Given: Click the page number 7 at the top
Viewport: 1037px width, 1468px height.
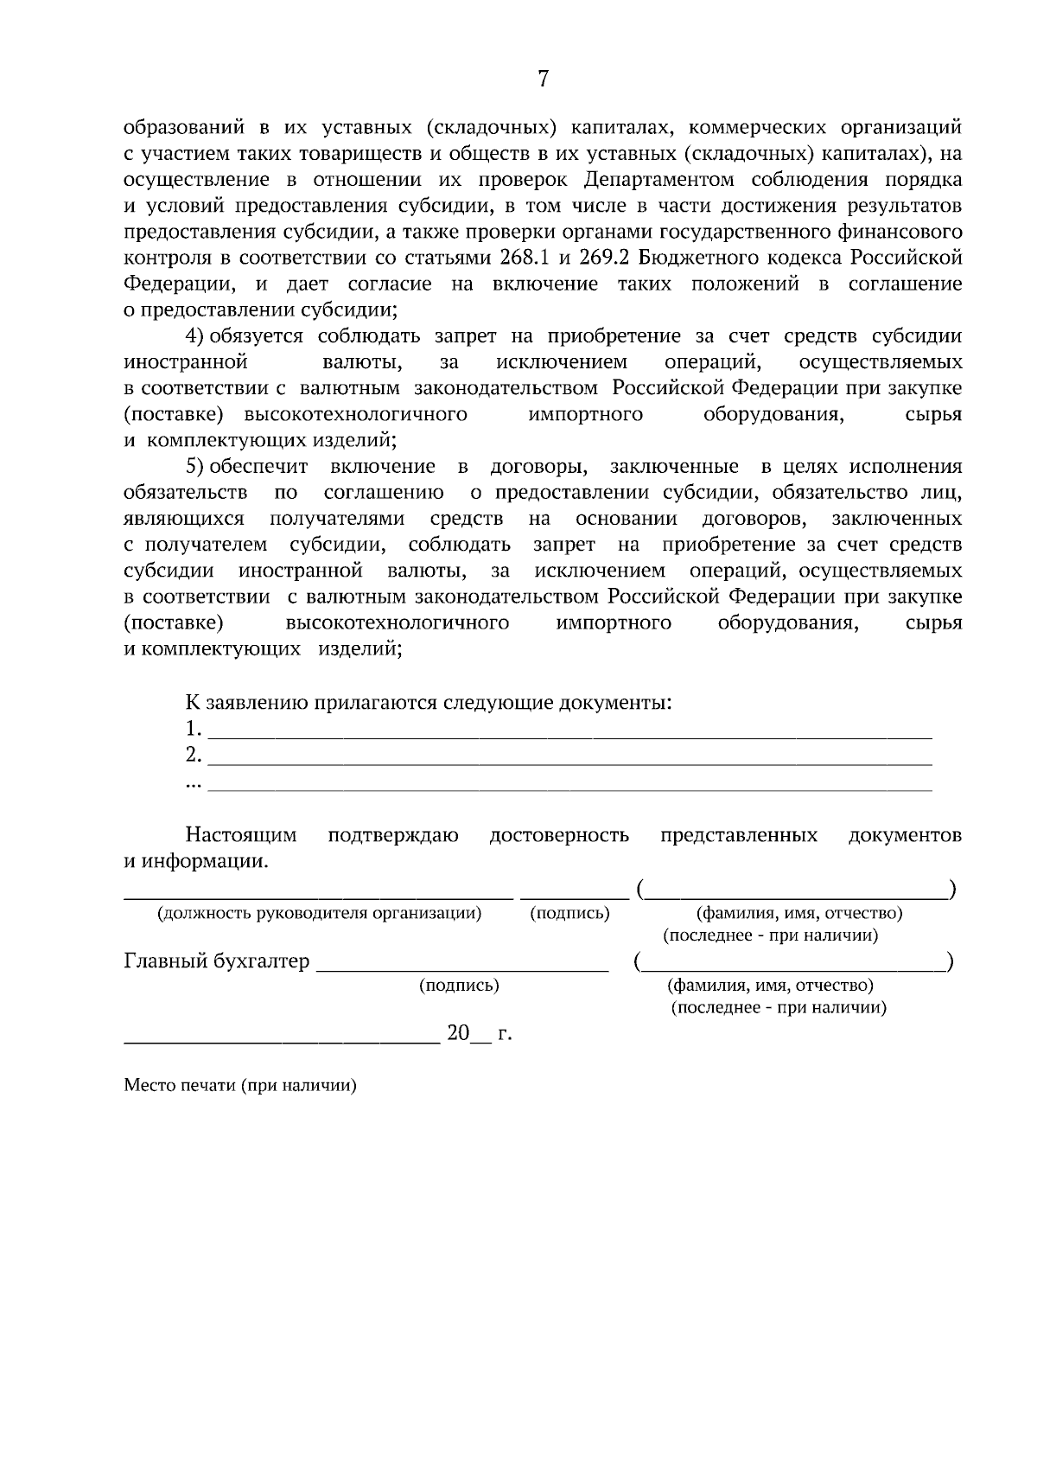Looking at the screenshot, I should click(x=543, y=80).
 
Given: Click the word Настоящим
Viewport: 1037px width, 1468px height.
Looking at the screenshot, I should click(x=241, y=835).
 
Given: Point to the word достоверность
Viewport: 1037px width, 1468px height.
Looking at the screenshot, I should click(x=559, y=835).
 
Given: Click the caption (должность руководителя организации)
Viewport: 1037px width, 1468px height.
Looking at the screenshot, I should click(x=319, y=913).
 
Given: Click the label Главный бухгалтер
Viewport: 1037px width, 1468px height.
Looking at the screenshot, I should click(x=217, y=961).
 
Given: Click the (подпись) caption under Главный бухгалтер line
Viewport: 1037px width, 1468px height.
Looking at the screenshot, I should click(x=459, y=986).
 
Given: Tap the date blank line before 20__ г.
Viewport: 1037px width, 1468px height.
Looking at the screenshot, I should click(x=282, y=1043).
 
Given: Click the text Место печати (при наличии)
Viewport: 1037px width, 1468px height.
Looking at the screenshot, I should click(x=240, y=1086).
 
